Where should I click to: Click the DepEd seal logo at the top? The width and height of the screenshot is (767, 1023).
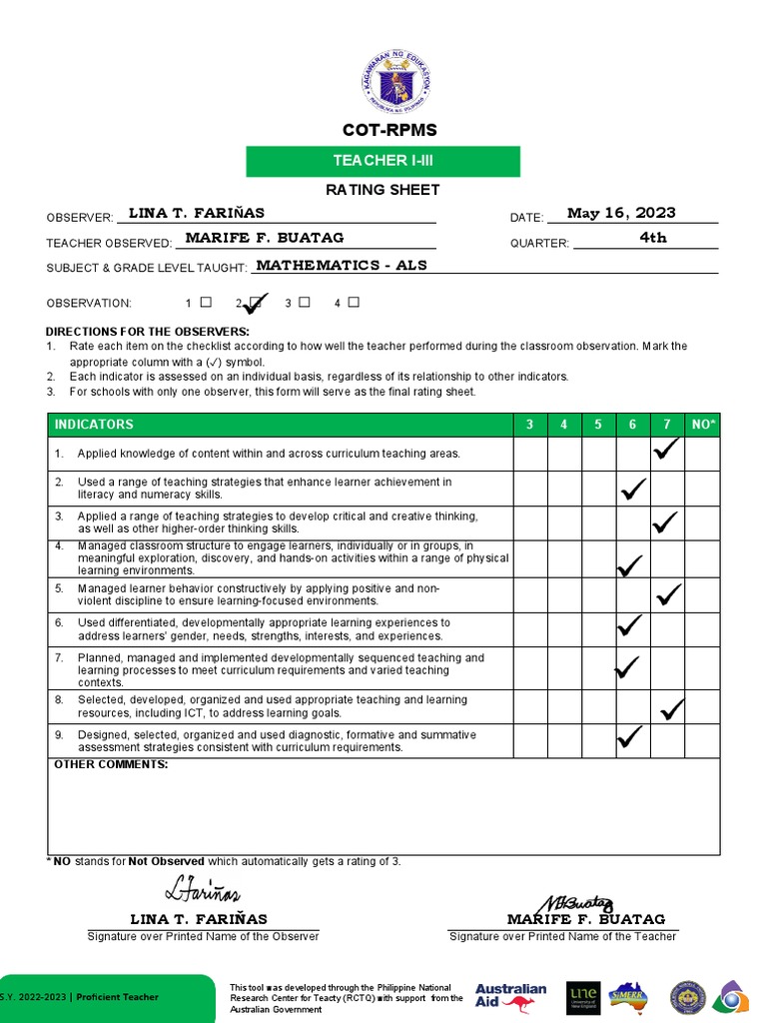click(x=395, y=81)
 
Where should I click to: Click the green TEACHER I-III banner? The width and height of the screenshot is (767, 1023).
click(x=383, y=161)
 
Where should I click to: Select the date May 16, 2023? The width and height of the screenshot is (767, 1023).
click(x=621, y=213)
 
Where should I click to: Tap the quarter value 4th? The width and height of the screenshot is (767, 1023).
click(x=653, y=238)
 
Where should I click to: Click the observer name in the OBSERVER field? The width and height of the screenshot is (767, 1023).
click(x=197, y=213)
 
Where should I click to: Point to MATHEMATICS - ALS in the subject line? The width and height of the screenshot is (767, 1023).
click(x=342, y=266)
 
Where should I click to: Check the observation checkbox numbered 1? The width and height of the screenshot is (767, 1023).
click(x=206, y=302)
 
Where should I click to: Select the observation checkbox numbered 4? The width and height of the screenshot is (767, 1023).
click(x=354, y=302)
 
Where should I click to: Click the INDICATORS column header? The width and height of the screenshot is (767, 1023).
click(x=94, y=425)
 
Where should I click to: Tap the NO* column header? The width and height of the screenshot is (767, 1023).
click(x=702, y=425)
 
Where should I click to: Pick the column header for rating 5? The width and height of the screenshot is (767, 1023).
click(x=598, y=425)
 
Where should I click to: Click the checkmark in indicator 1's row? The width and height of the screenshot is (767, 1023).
click(x=666, y=452)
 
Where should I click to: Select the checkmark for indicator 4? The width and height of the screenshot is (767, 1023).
click(x=630, y=566)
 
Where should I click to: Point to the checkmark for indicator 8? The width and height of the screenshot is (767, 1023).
click(x=671, y=709)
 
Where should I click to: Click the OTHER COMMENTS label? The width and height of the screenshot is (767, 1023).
click(x=111, y=764)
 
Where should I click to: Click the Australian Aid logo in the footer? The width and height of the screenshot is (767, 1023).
click(x=511, y=996)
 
